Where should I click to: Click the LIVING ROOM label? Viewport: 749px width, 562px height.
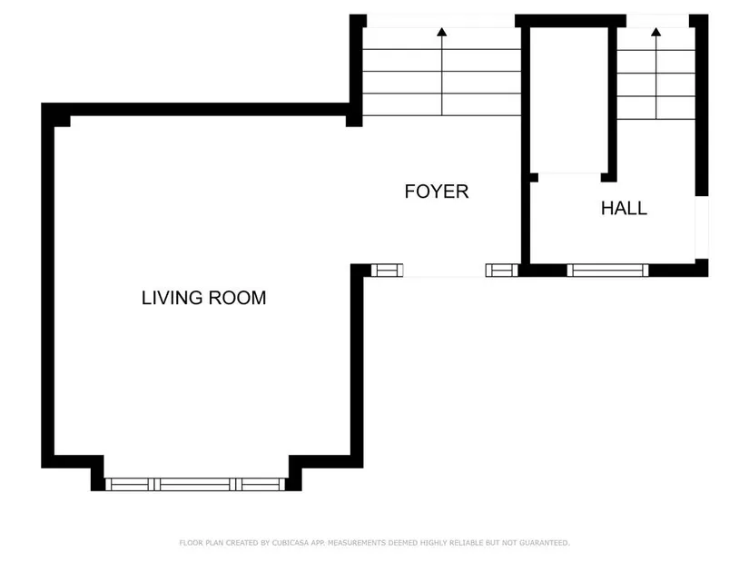point(203,298)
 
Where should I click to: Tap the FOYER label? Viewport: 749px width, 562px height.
point(436,192)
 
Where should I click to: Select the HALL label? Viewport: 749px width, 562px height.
point(624,208)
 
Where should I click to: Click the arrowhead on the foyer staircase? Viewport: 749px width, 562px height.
point(442,32)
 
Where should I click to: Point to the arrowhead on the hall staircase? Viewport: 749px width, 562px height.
point(655,32)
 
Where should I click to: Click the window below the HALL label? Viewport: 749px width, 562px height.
point(607,271)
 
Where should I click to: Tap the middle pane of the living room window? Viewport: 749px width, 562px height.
point(195,484)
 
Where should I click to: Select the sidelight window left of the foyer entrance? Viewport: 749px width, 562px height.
point(387,271)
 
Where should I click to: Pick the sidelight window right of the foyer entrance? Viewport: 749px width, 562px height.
point(501,271)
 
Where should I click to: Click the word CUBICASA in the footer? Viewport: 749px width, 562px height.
point(290,543)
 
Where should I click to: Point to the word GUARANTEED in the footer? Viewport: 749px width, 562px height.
point(545,543)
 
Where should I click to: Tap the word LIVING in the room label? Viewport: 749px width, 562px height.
point(172,298)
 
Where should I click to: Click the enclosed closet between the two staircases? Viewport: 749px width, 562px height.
point(569,101)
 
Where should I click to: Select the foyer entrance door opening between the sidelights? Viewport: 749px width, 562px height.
point(444,271)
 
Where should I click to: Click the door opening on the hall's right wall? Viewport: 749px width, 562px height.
point(701,228)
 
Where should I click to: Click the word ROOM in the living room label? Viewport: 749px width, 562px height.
point(237,298)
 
